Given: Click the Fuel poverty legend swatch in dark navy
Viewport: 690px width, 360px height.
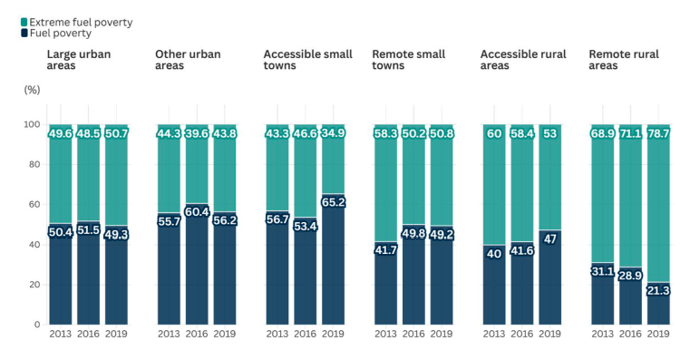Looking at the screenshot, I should point(24,34).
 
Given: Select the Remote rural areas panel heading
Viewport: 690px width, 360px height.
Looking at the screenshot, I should point(624,60).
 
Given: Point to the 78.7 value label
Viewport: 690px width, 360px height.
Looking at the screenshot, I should point(658,133).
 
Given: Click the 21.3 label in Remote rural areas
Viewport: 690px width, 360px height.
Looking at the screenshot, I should point(658,290).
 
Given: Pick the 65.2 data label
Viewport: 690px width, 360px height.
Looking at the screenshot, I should point(332,202).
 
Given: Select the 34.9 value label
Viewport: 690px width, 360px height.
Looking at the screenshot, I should point(332,133).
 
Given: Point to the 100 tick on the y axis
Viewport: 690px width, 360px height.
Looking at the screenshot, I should point(32,124).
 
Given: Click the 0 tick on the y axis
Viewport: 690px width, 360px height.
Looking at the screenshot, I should point(37,325).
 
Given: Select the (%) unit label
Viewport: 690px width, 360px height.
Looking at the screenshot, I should point(32,90).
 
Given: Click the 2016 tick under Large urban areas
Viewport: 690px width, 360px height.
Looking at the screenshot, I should point(89,335).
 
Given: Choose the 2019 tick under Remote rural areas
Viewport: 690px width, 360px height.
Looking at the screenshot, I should point(658,335).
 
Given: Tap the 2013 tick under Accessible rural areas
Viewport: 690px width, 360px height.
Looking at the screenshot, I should point(495,335).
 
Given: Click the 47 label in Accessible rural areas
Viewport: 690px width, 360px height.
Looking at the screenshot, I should point(549,238).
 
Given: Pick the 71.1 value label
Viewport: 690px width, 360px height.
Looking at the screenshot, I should point(631,133).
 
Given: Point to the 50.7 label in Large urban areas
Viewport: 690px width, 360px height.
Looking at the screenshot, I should point(116,133).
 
